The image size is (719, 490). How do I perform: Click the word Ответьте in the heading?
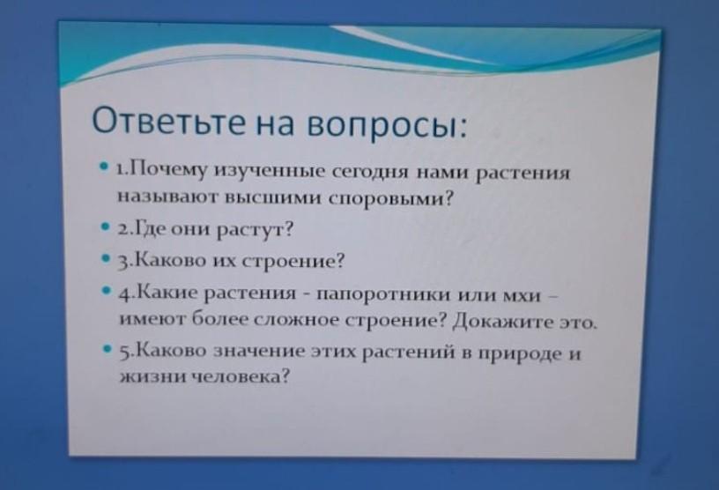pyautogui.click(x=168, y=121)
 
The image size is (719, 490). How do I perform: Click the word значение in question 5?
pyautogui.click(x=260, y=352)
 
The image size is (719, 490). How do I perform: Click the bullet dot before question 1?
pyautogui.click(x=104, y=164)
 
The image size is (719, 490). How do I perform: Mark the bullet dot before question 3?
pyautogui.click(x=106, y=258)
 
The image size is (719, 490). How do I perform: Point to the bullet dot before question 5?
pyautogui.click(x=107, y=349)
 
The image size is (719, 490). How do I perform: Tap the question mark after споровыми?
pyautogui.click(x=448, y=198)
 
